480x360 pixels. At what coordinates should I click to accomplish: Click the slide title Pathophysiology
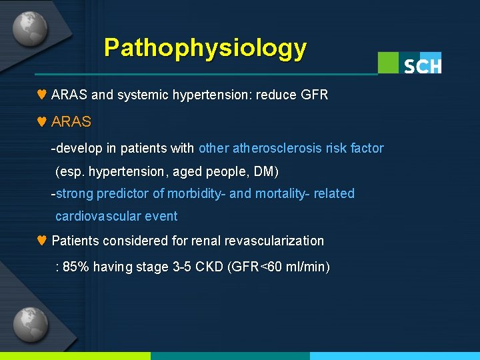205,48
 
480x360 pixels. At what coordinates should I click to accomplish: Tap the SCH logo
409,63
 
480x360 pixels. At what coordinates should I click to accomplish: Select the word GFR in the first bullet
314,95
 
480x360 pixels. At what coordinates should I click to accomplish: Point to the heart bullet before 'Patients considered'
41,241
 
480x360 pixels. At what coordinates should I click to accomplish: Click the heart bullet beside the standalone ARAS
41,122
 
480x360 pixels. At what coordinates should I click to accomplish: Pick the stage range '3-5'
181,267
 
